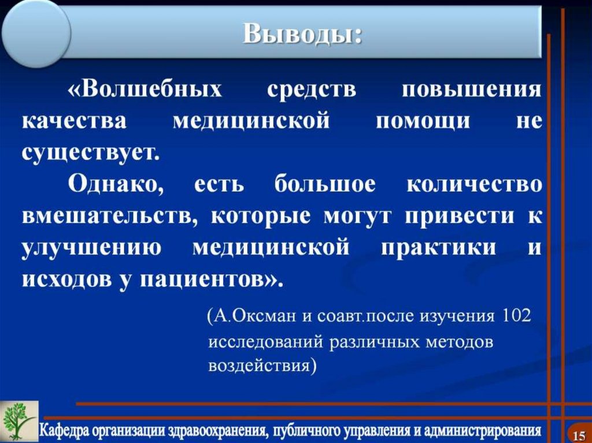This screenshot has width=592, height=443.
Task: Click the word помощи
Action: click(423, 122)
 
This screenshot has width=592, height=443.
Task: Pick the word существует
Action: click(90, 153)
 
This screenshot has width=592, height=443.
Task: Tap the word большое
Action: click(325, 185)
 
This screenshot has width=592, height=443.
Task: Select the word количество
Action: click(474, 185)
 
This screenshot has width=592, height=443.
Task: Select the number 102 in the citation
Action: click(516, 317)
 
